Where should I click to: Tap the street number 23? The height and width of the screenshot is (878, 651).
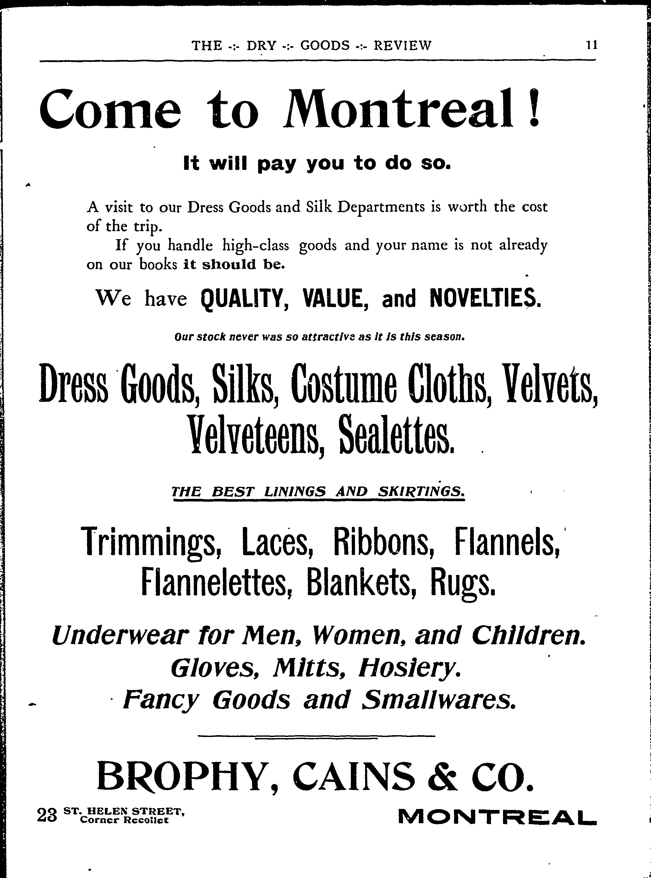click(47, 815)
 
